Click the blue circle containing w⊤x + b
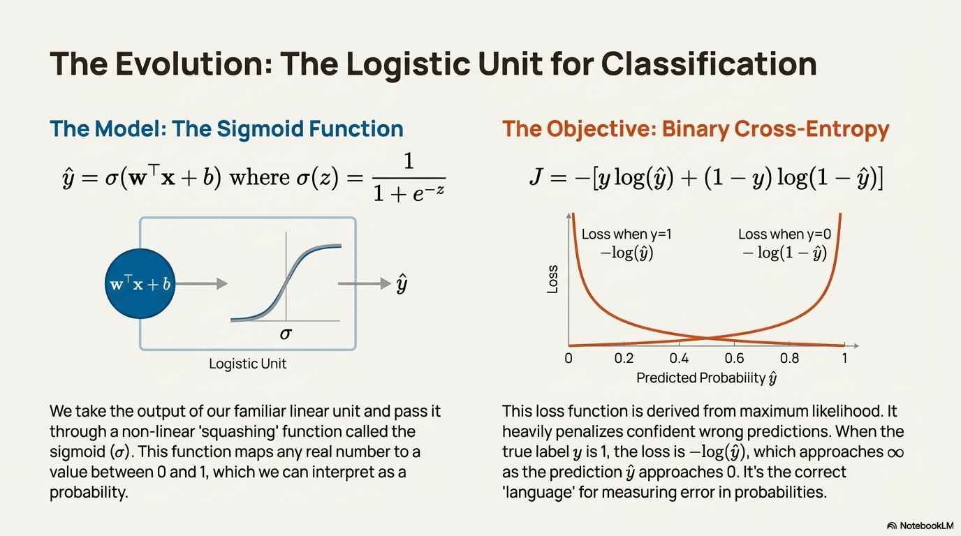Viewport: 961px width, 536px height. click(140, 284)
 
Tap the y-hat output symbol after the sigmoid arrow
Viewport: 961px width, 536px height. click(402, 284)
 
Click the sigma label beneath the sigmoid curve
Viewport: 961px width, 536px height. click(285, 334)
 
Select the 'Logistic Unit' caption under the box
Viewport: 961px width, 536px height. click(248, 364)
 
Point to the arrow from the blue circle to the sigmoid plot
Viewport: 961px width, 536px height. click(203, 283)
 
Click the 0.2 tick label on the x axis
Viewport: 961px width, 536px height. click(624, 359)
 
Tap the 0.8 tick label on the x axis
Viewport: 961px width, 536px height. click(790, 359)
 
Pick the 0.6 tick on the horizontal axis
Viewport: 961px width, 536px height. click(734, 359)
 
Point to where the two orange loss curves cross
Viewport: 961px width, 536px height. click(706, 339)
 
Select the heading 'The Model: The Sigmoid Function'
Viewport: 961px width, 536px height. click(226, 129)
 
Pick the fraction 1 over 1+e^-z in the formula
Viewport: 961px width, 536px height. click(409, 178)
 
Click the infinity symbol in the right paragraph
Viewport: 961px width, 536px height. click(895, 452)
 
